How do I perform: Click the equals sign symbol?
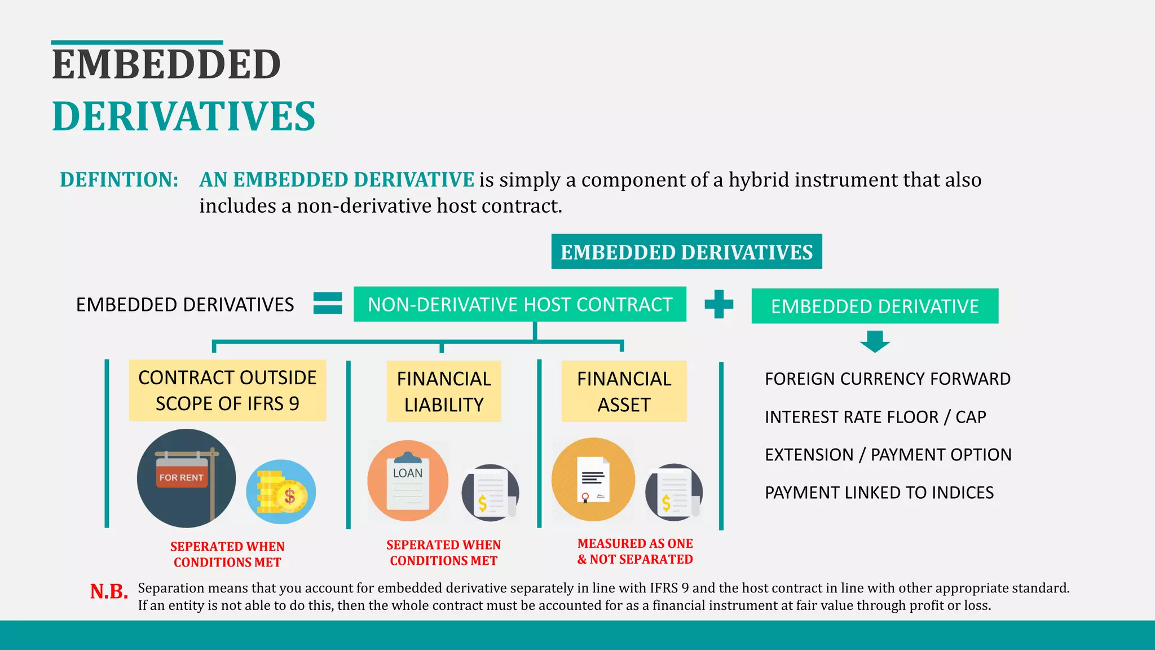(328, 304)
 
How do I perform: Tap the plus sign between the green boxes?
(719, 304)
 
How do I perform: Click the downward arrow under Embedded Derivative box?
(875, 341)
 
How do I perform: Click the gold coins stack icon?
(281, 492)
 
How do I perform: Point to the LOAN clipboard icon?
(408, 481)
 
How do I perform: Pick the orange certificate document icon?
(593, 480)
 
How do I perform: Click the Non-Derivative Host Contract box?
(519, 304)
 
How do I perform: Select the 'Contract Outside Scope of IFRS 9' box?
(227, 390)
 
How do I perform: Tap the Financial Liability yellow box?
(444, 392)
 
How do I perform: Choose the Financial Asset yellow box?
(624, 392)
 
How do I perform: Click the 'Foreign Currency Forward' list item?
(887, 379)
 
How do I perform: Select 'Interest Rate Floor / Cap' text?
(875, 417)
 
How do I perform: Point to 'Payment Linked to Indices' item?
(879, 493)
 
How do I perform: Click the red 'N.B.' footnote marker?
(109, 591)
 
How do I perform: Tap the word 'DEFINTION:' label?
(119, 179)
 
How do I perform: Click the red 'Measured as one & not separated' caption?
(635, 551)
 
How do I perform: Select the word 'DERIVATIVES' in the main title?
(184, 116)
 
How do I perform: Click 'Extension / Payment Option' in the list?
(888, 455)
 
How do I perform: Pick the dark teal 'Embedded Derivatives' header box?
(686, 252)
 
